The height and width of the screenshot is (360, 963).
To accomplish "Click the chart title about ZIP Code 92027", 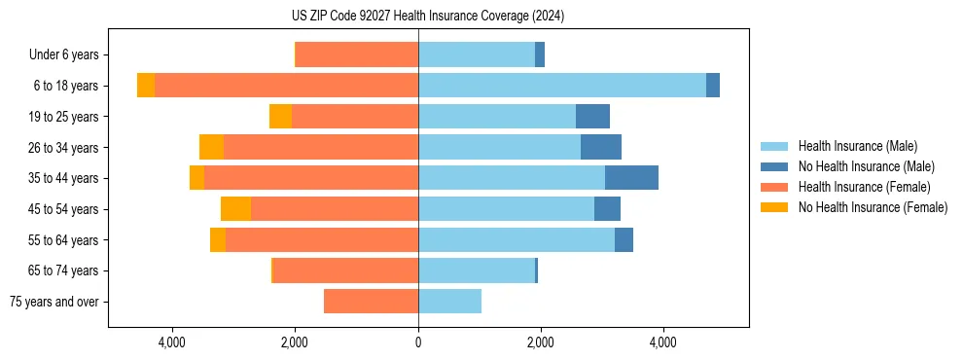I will (x=428, y=17).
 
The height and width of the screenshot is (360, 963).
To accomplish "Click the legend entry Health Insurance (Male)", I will (x=857, y=146).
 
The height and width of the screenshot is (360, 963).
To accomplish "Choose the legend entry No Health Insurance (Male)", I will (x=866, y=166).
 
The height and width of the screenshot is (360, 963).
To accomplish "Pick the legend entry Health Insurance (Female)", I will (x=864, y=187).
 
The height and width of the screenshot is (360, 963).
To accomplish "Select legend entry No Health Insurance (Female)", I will (x=873, y=207).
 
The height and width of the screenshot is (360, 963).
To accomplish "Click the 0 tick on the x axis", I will (x=418, y=342).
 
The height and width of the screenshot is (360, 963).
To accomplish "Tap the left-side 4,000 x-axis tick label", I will (x=172, y=342).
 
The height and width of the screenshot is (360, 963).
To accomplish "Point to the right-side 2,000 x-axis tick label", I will (x=541, y=342).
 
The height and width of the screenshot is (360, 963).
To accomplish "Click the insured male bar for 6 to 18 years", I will (x=562, y=86).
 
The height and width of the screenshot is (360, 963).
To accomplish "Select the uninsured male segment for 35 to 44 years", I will (x=631, y=178).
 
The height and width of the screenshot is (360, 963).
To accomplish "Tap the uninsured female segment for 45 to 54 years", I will (x=235, y=209).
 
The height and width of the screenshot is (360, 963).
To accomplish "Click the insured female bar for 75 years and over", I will (x=371, y=302).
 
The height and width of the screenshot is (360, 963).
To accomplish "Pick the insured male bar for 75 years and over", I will (x=449, y=302).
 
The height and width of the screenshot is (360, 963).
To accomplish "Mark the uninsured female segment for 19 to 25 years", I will (x=280, y=117).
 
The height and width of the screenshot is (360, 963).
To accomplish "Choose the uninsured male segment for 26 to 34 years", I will (x=601, y=147).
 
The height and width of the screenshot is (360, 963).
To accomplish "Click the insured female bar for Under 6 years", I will (x=357, y=55).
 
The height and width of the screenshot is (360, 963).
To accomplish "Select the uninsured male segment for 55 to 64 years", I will (x=624, y=239).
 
